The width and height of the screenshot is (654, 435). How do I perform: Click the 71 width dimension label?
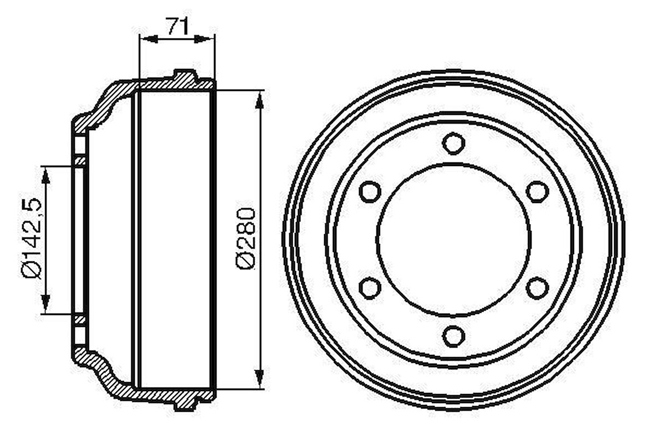click(x=177, y=25)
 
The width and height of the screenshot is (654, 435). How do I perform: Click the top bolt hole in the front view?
click(x=453, y=143)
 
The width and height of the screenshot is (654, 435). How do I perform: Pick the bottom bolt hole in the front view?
click(x=453, y=336)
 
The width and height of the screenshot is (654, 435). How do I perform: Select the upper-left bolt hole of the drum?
click(x=370, y=191)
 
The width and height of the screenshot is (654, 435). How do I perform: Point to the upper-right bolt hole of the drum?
click(x=537, y=191)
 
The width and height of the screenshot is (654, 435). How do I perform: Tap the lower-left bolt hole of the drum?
click(x=370, y=288)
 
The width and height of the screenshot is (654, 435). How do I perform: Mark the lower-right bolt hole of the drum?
click(x=537, y=288)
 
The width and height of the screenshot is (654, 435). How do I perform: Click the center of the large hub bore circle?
click(x=453, y=239)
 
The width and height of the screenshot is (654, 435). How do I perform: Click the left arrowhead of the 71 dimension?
click(x=147, y=39)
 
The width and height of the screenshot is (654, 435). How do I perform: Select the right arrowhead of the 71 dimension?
click(x=206, y=39)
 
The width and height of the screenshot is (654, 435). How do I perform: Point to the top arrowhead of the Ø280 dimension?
click(x=260, y=100)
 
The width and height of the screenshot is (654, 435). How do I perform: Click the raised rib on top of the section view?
click(x=185, y=75)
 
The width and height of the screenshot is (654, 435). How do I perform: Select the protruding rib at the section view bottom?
click(x=185, y=404)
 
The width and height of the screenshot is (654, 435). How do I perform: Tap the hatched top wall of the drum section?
click(x=166, y=85)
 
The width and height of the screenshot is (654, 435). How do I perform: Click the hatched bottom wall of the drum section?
click(x=166, y=394)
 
